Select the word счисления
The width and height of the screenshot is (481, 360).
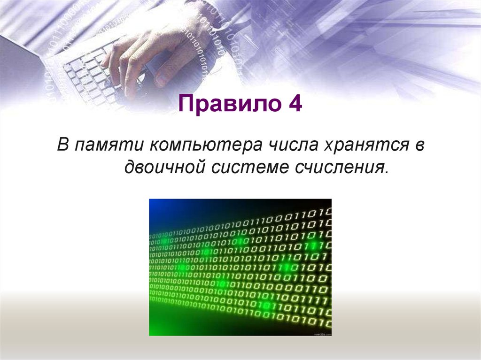pyautogui.click(x=340, y=166)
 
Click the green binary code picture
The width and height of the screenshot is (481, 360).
pyautogui.click(x=240, y=267)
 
